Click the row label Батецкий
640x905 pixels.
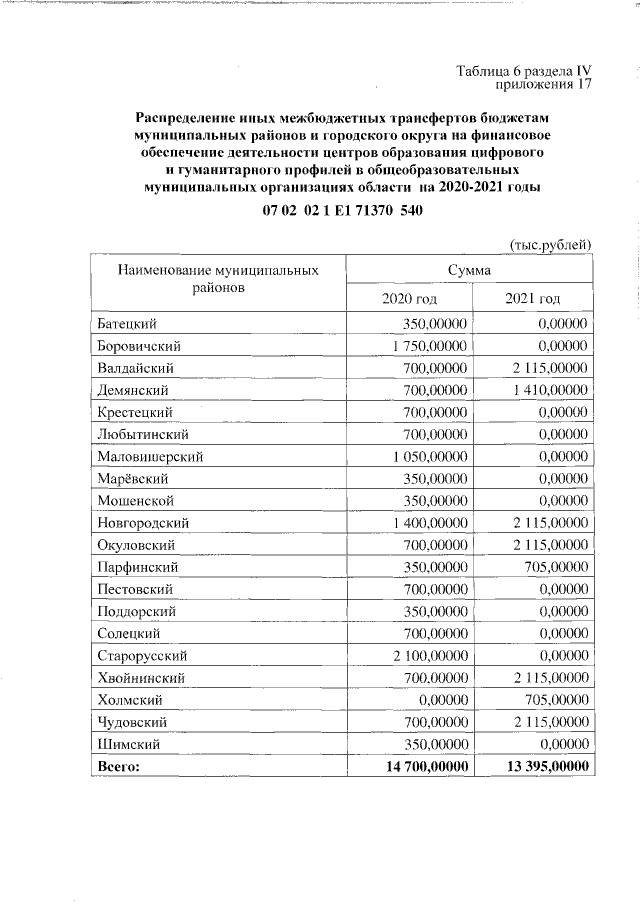[128, 324]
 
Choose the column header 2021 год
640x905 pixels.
[532, 298]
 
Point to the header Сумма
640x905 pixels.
[469, 270]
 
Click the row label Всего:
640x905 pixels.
[119, 766]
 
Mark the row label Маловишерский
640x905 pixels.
[151, 456]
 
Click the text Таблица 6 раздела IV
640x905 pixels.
[524, 71]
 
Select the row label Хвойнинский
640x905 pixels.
[139, 678]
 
